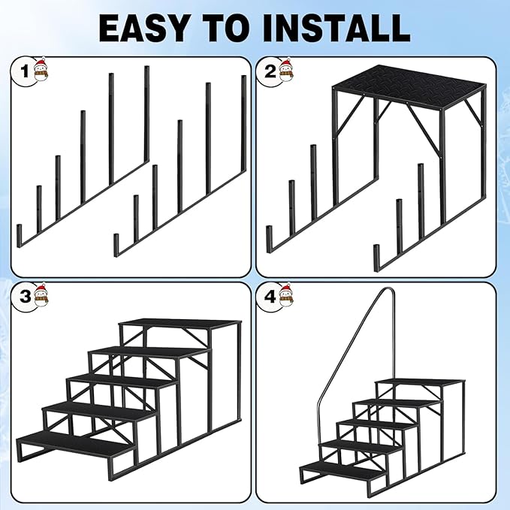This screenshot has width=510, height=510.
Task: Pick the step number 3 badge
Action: [25, 296]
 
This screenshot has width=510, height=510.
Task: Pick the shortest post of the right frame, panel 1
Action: [116, 245]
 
